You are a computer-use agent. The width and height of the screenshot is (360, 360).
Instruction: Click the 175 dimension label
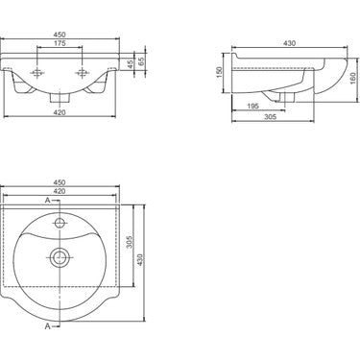point(60,43)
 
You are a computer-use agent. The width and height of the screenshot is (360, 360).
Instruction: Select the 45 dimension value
point(130,64)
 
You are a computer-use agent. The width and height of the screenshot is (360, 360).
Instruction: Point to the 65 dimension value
point(141,61)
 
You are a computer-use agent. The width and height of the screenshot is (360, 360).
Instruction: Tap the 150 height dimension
point(219,73)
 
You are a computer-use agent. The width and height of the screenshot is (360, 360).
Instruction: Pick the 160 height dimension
point(353,79)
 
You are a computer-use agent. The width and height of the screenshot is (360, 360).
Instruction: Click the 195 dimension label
point(253,107)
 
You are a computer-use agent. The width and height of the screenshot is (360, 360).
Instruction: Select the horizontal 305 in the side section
point(271,117)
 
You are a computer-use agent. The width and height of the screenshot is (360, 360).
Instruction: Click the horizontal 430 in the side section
point(290,43)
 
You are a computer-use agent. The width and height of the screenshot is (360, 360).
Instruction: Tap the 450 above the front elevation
point(60,35)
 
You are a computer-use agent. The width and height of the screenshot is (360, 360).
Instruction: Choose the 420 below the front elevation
point(60,112)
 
